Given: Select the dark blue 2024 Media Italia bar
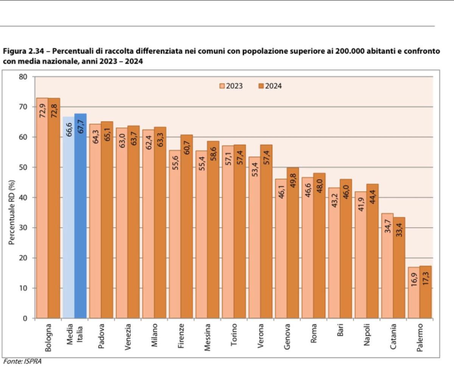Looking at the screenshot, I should tap(80, 216).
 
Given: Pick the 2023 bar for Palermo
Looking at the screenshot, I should tap(414, 292).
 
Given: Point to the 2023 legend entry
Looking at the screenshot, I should tap(231, 86).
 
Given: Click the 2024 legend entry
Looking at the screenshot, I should tap(270, 86).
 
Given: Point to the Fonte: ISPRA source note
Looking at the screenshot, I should tap(22, 362).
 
